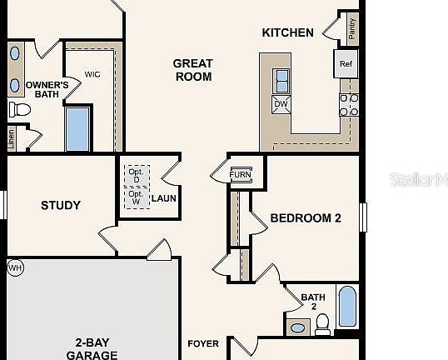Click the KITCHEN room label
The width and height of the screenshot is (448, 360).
288,33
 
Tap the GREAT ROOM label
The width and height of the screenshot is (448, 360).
193,70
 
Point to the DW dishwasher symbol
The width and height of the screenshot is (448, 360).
281,103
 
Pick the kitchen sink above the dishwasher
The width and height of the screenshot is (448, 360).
281,81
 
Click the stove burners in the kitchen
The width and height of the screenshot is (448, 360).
349,104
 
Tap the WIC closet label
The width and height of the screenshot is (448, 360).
92,75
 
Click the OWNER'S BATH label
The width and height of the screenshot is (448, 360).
46,89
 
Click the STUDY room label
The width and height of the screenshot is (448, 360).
61,205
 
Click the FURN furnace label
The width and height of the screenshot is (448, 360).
241,174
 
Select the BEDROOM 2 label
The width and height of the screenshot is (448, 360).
306,218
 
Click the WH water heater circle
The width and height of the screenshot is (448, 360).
14,267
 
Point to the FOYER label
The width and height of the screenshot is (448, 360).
203,343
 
